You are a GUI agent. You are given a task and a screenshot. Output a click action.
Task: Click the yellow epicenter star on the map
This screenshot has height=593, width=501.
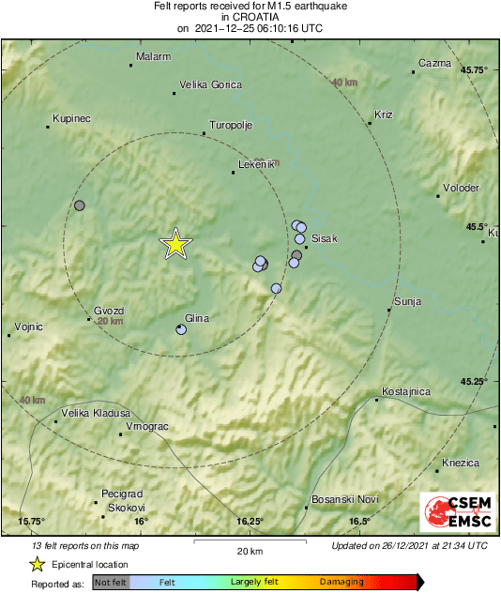point(175,244)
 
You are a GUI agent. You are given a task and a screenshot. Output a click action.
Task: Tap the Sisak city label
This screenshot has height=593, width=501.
point(324,239)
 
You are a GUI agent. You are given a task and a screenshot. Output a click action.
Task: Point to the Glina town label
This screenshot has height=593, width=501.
point(196,318)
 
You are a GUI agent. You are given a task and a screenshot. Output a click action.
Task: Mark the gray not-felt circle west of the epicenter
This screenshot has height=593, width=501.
point(80,205)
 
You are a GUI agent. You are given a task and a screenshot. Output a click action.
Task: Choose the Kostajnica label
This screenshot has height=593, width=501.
point(406,390)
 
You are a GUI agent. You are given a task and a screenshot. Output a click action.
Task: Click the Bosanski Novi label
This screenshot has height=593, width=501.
point(344,498)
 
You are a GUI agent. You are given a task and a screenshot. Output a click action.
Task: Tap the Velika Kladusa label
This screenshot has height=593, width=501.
point(96,413)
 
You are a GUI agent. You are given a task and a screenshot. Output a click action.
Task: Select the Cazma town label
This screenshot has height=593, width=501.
point(434,63)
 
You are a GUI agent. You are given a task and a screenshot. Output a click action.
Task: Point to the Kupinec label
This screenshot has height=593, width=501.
point(71,119)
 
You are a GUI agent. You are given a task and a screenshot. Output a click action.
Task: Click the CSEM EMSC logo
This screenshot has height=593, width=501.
point(453,512)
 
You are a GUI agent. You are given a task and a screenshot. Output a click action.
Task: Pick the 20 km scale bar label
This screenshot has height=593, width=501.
point(249,551)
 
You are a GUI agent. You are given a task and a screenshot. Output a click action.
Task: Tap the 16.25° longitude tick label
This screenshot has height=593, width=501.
point(250,522)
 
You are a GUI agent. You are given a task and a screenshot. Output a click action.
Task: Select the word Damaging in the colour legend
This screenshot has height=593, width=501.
point(342,582)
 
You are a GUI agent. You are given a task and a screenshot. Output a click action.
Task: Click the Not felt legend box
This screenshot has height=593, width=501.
point(110,582)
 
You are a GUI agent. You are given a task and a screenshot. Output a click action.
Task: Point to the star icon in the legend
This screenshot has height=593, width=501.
point(37,565)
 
